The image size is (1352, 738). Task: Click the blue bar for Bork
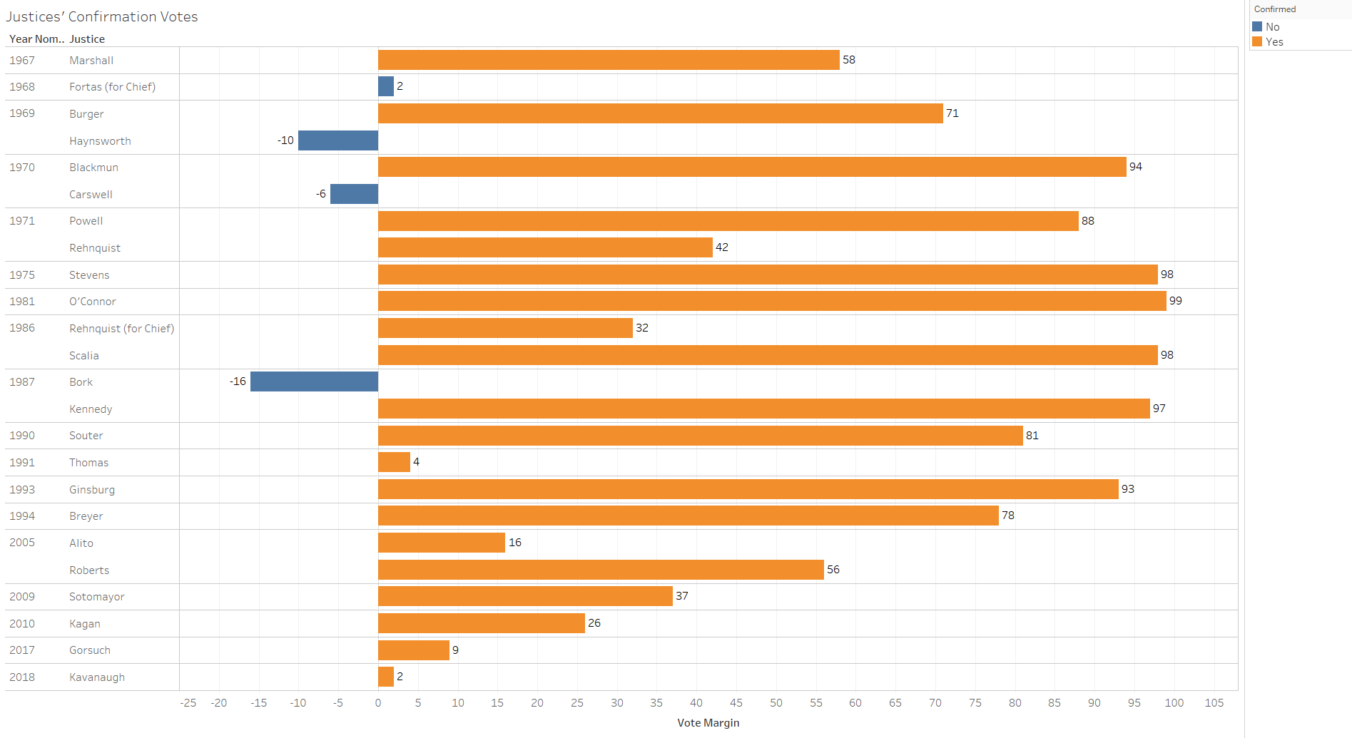[x=314, y=381]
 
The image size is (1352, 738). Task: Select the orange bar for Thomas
[x=394, y=462]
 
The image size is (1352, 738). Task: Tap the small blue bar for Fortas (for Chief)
[x=386, y=86]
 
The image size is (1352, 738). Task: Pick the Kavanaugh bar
[x=386, y=677]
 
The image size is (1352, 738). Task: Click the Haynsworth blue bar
[x=338, y=140]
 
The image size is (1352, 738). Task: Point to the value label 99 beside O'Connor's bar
[x=1176, y=301]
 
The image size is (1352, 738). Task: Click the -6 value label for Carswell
[x=321, y=194]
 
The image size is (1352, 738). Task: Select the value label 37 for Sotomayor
[x=682, y=596]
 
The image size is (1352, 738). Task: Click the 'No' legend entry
[x=1272, y=27]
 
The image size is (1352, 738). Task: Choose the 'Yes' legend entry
[x=1274, y=42]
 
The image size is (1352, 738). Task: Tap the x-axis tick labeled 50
[x=776, y=703]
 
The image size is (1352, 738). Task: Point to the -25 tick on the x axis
[x=188, y=703]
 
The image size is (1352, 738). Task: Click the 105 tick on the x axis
[x=1214, y=703]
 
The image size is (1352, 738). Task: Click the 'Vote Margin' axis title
[x=708, y=723]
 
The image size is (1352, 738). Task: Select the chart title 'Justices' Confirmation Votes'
[x=102, y=16]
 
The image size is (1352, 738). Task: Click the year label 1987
[x=22, y=382]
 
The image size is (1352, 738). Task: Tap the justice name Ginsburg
[x=92, y=490]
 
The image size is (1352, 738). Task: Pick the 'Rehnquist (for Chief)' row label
[x=121, y=329]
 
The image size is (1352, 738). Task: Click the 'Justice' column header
[x=87, y=39]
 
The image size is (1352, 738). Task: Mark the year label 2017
[x=22, y=650]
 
